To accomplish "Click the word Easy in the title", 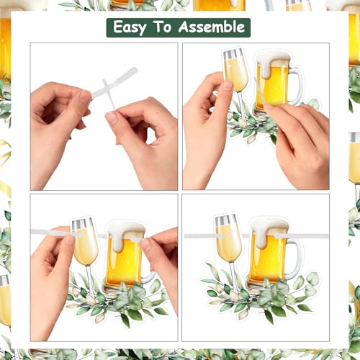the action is click(x=130, y=27).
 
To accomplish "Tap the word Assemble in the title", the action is click(x=212, y=27).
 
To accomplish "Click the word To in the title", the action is click(x=163, y=27).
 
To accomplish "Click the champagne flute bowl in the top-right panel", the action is click(x=235, y=70).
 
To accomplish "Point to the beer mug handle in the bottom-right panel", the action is click(x=297, y=259).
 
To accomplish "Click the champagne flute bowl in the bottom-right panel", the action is click(x=228, y=238).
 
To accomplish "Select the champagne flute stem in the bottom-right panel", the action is click(x=233, y=276).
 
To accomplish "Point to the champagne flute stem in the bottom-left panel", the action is click(x=89, y=279).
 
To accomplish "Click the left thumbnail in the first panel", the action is click(x=84, y=95).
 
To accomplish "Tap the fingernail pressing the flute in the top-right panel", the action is click(x=228, y=85).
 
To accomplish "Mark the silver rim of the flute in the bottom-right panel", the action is click(x=226, y=220).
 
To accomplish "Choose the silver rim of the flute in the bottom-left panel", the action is click(x=81, y=224).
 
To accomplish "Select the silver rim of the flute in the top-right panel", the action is click(x=233, y=54).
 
